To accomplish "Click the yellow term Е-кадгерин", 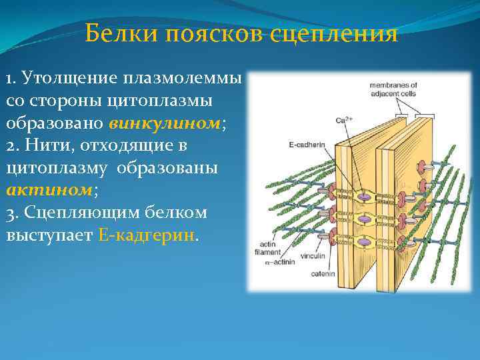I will pos(148,236).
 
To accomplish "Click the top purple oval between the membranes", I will pos(365,196).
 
